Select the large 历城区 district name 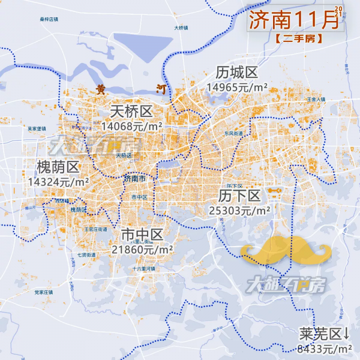(237, 73)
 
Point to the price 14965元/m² (237, 87)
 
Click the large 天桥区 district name (132, 112)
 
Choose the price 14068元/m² (132, 126)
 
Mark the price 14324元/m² (58, 181)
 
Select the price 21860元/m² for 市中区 (142, 248)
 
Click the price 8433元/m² (325, 349)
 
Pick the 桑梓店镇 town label (49, 19)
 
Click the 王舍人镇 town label (316, 99)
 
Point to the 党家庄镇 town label (44, 292)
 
